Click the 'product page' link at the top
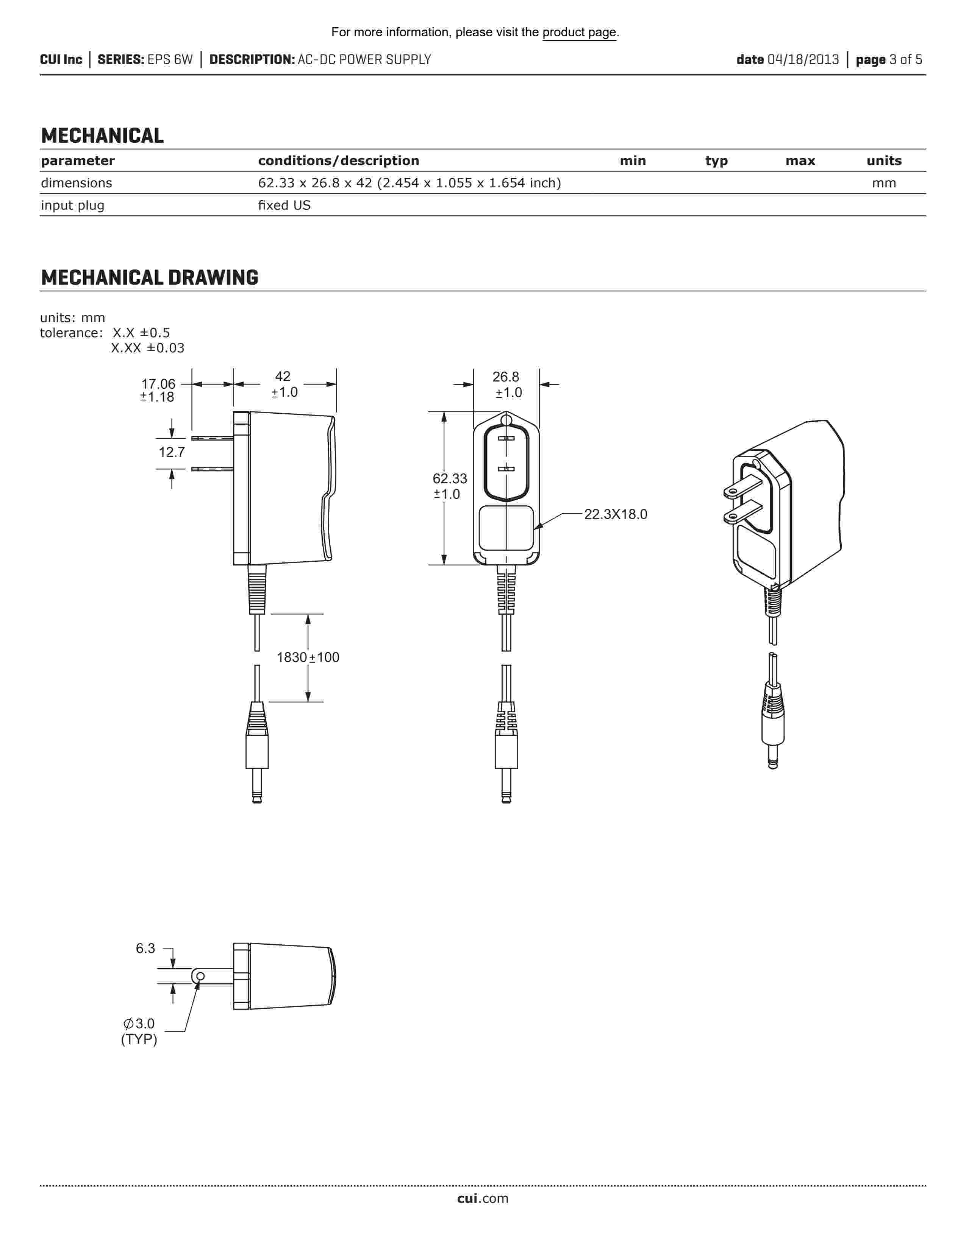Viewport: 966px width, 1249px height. tap(579, 33)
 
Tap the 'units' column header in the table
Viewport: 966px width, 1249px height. tap(883, 161)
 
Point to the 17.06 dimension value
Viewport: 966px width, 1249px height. tap(158, 384)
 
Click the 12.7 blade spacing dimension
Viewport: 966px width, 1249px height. tap(172, 452)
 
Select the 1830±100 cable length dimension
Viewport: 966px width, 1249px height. tap(308, 658)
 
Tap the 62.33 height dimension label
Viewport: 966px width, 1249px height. tap(450, 479)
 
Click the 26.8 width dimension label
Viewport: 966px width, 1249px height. tap(506, 377)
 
